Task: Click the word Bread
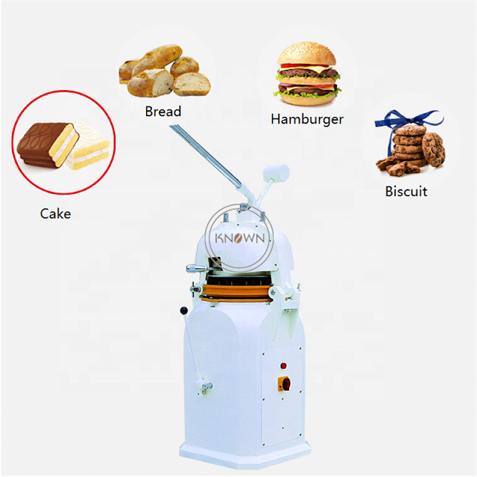(x=163, y=111)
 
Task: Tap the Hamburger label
(x=307, y=119)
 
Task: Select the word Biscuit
(x=406, y=192)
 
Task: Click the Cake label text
(x=55, y=214)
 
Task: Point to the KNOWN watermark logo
(x=239, y=238)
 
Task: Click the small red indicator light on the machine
(x=283, y=366)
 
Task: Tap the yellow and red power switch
(x=285, y=383)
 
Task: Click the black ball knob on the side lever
(x=184, y=311)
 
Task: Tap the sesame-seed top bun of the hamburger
(x=306, y=54)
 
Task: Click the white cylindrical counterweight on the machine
(x=277, y=173)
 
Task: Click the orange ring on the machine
(x=236, y=293)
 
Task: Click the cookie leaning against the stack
(x=433, y=149)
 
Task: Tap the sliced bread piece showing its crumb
(x=192, y=84)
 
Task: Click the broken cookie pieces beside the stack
(x=396, y=168)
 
